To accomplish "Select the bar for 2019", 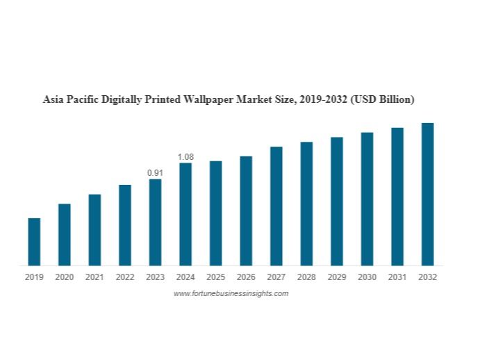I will click(x=34, y=242).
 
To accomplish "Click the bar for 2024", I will click(x=185, y=214).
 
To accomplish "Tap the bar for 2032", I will click(x=428, y=194).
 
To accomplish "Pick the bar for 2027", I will click(x=276, y=206).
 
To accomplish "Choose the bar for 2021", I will click(x=94, y=229).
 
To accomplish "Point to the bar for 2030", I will click(x=367, y=199).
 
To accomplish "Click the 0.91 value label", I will click(x=155, y=172).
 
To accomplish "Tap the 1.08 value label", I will click(x=185, y=157).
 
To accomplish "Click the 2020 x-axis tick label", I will click(x=64, y=277).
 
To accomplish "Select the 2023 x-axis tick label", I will click(x=155, y=277).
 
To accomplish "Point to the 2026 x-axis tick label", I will click(x=246, y=277).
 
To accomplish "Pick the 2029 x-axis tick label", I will click(x=337, y=277).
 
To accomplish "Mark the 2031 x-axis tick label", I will click(x=397, y=277).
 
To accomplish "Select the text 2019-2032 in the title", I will click(x=324, y=100).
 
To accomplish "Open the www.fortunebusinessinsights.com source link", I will click(x=231, y=294).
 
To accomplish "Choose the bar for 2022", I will click(x=125, y=225).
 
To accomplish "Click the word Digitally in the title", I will click(x=122, y=100).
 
